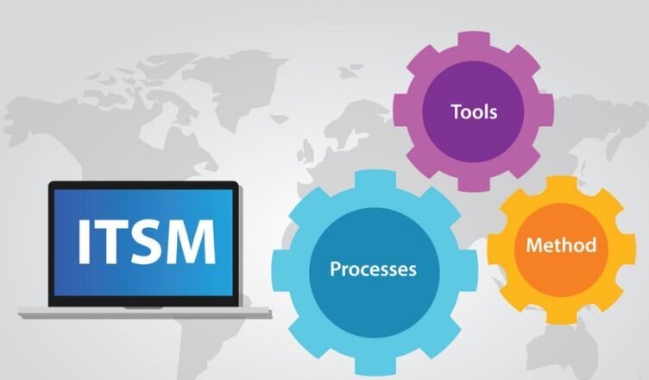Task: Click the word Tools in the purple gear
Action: point(474,111)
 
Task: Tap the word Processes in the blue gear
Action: point(373,269)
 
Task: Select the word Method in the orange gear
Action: point(561,244)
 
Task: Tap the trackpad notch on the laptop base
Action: point(143,308)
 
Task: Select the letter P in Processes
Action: point(335,269)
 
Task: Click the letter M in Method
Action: point(534,244)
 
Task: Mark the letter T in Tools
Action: point(454,111)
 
